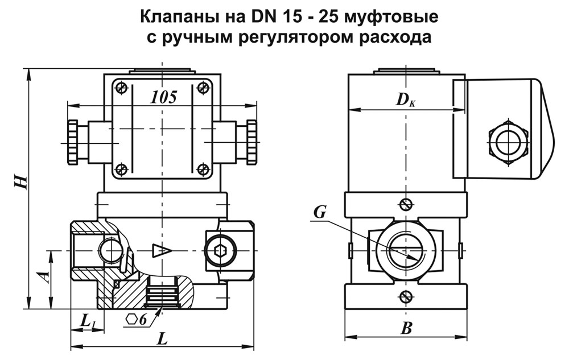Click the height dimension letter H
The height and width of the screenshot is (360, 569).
click(21, 181)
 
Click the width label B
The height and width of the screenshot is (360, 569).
click(406, 329)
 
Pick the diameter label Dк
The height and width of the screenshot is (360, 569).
click(405, 100)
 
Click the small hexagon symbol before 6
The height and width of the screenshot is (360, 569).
click(131, 319)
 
